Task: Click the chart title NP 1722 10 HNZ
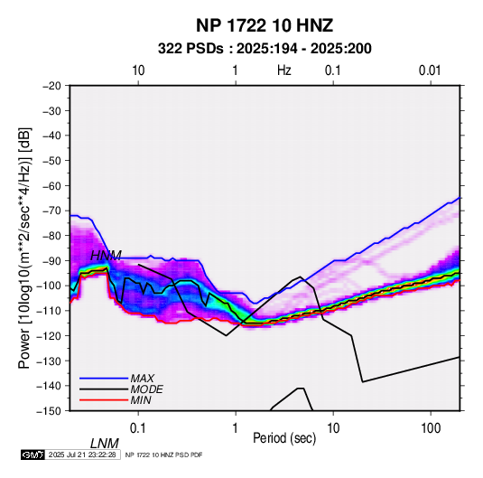coord(265,25)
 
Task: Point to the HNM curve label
coord(106,256)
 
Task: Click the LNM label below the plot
coord(105,444)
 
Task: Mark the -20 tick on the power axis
coord(51,86)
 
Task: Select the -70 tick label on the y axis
coord(51,211)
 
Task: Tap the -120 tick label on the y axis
coord(49,335)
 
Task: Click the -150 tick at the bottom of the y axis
coord(49,411)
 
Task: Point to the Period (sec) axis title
coord(284,438)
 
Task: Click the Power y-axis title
coord(24,248)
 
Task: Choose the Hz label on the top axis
coord(284,70)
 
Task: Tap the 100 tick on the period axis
coord(431,428)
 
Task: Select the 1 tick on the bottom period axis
coord(236,428)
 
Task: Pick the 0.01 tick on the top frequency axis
coord(430,70)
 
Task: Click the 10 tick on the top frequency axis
coord(138,70)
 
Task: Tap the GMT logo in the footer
coord(33,455)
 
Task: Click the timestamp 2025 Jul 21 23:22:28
coord(82,455)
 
